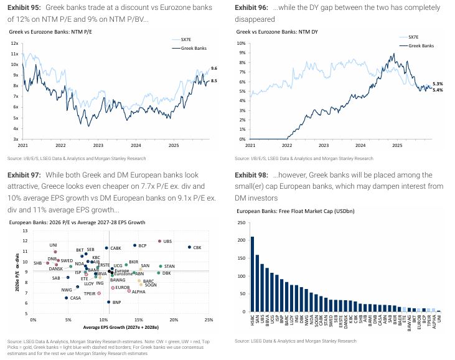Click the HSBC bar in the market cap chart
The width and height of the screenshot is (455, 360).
click(252, 274)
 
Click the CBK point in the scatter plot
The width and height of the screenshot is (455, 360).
click(189, 247)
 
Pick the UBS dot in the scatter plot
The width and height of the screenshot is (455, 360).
click(160, 240)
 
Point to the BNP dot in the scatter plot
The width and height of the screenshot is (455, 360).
click(109, 302)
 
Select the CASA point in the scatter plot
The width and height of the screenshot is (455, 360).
click(66, 298)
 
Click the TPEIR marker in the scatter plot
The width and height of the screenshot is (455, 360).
click(99, 293)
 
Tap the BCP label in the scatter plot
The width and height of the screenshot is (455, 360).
click(142, 246)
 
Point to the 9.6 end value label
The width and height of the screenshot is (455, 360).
click(214, 68)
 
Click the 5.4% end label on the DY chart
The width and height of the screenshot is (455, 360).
click(438, 90)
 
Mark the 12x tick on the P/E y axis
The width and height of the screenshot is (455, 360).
click(14, 43)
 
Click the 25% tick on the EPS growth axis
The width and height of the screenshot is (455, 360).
click(209, 320)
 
